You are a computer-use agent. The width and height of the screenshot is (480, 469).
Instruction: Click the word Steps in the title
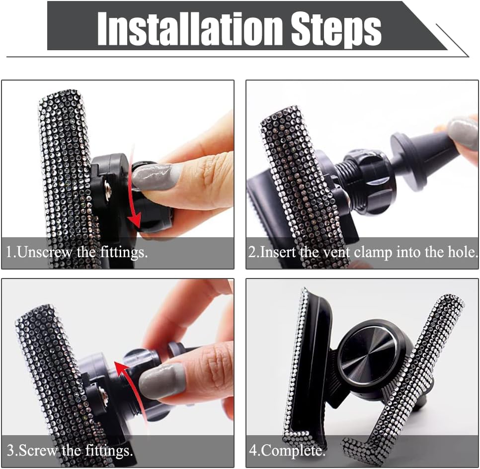[336, 30]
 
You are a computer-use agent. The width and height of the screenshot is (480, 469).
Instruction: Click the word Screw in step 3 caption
[38, 451]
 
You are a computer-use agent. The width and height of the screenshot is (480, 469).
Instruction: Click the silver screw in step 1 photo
[108, 186]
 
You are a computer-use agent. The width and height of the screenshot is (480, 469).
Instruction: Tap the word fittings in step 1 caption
[124, 253]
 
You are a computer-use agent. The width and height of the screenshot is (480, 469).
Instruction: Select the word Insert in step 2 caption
[278, 252]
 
